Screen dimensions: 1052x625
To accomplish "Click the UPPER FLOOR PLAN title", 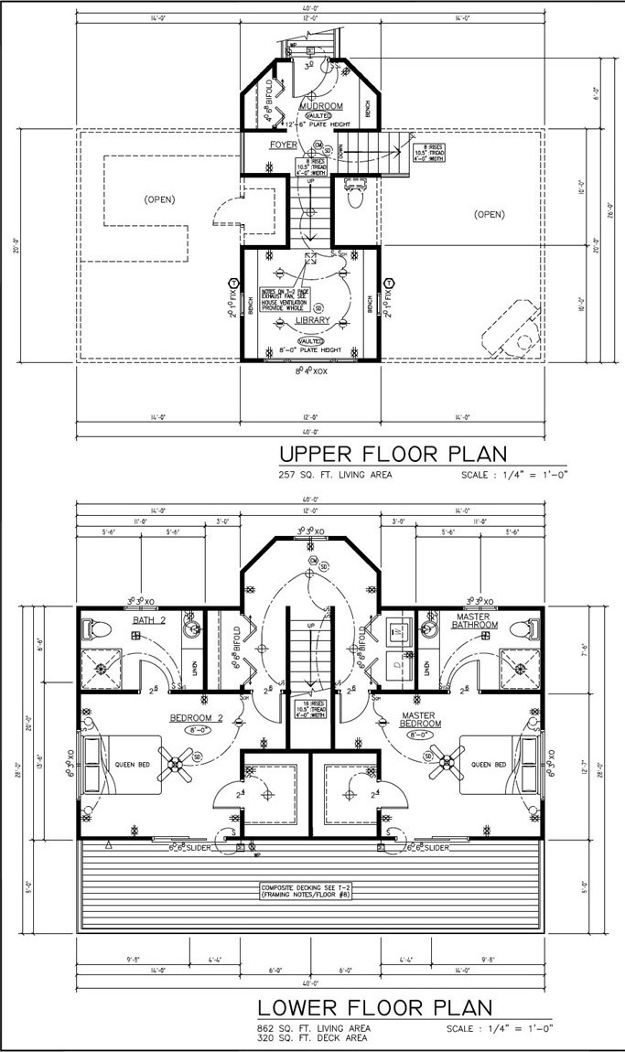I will click(392, 455).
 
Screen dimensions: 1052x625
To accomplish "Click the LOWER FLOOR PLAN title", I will click(374, 1008).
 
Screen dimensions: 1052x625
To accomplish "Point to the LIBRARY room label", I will click(312, 320).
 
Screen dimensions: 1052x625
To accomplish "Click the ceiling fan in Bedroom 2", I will click(178, 757).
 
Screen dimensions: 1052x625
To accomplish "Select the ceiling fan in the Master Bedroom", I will click(448, 757).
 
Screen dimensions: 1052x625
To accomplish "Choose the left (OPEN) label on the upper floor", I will click(159, 199).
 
